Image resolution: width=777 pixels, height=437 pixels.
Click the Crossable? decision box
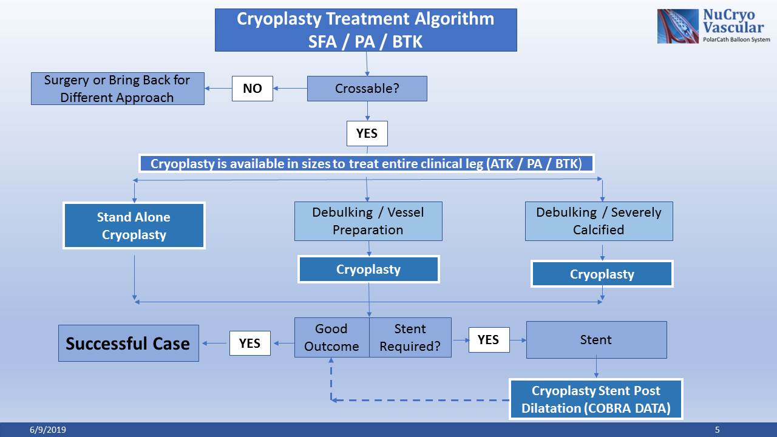pyautogui.click(x=367, y=89)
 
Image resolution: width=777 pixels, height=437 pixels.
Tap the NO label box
pyautogui.click(x=253, y=89)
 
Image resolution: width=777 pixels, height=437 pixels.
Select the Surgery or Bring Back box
pyautogui.click(x=117, y=89)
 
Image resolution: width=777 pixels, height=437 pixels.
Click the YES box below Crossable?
pyautogui.click(x=367, y=134)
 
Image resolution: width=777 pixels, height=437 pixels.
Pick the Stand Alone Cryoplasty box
pyautogui.click(x=134, y=226)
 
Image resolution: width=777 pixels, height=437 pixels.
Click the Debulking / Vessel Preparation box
pyautogui.click(x=368, y=221)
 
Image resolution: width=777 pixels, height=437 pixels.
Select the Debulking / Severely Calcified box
pyautogui.click(x=599, y=221)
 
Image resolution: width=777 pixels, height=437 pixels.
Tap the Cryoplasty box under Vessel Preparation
pyautogui.click(x=368, y=269)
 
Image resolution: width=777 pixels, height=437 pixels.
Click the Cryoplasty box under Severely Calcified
pyautogui.click(x=602, y=274)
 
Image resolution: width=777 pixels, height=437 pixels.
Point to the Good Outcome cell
pyautogui.click(x=331, y=337)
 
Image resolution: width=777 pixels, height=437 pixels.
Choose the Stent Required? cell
pyautogui.click(x=410, y=337)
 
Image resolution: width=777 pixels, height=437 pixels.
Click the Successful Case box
pyautogui.click(x=128, y=344)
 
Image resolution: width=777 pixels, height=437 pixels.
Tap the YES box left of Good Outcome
pyautogui.click(x=249, y=344)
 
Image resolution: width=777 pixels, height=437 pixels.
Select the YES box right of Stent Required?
pyautogui.click(x=488, y=340)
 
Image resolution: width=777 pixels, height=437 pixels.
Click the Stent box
pyautogui.click(x=596, y=340)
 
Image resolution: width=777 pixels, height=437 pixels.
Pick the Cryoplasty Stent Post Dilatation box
pyautogui.click(x=595, y=399)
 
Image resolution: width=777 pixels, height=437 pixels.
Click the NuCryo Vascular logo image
pyautogui.click(x=678, y=26)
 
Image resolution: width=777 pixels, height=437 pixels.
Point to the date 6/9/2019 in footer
pyautogui.click(x=48, y=430)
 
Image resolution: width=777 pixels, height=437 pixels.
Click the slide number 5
pyautogui.click(x=717, y=430)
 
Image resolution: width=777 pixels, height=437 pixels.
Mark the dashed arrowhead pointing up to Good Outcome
pyautogui.click(x=331, y=361)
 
